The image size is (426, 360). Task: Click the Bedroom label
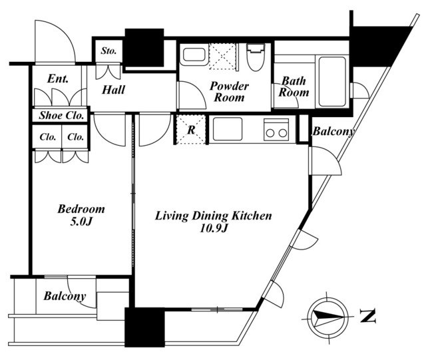click(81, 209)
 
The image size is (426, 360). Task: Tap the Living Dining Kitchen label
click(213, 216)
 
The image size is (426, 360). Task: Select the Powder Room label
click(229, 92)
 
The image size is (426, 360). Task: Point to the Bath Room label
click(294, 87)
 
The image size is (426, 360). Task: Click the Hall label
click(113, 90)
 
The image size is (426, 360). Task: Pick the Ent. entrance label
click(58, 79)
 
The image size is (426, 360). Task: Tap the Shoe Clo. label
click(61, 116)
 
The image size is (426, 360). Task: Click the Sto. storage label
click(108, 51)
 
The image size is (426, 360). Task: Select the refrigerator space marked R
click(191, 130)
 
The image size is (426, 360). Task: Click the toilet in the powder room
click(256, 57)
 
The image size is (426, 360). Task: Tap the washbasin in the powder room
click(194, 55)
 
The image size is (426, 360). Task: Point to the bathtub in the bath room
click(332, 81)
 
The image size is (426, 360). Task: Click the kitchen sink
click(228, 129)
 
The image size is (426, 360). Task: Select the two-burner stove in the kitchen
click(276, 130)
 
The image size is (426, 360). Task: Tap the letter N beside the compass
click(368, 315)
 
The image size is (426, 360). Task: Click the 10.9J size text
click(213, 228)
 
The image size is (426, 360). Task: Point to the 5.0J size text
click(81, 222)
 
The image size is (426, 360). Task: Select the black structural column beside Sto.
click(144, 47)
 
